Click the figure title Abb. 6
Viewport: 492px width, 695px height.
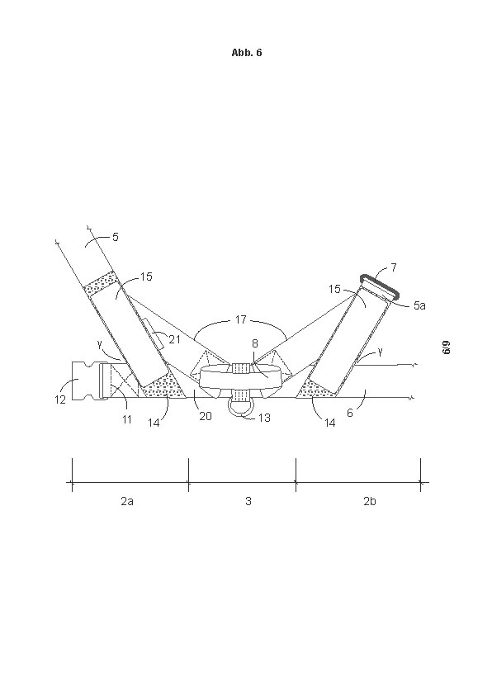coord(247,53)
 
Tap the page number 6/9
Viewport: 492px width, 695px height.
coord(447,347)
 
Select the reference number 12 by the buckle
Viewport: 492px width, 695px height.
coord(60,400)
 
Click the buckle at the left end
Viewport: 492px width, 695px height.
coord(88,381)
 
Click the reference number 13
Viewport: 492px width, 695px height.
coord(264,418)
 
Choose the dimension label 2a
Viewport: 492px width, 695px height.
coord(127,501)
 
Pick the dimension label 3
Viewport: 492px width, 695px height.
coord(248,501)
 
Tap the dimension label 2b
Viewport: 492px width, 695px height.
coord(370,501)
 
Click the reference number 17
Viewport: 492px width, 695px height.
coord(241,319)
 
